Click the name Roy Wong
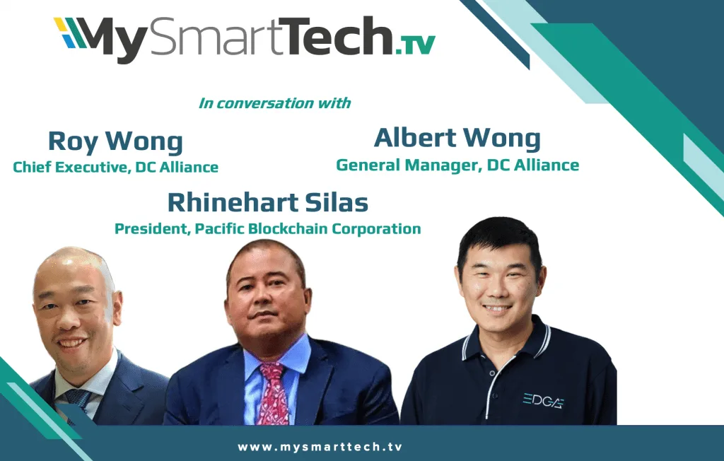point(115,141)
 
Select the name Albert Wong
point(457,138)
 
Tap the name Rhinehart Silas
point(268,202)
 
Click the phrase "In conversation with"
point(275,103)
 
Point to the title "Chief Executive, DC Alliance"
point(115,167)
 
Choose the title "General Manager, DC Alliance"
point(457,165)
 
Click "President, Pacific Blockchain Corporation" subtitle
point(268,228)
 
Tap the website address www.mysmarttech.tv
point(320,447)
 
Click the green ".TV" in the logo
point(415,45)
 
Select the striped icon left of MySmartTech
point(70,33)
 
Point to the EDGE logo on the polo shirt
point(544,400)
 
